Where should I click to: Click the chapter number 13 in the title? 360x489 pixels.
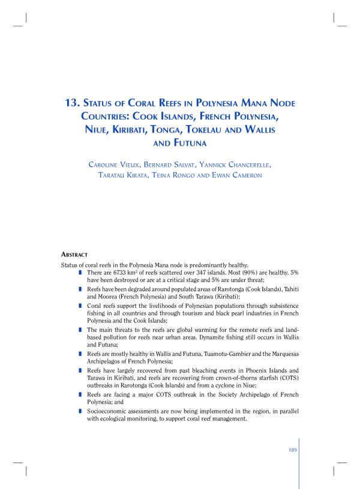72,103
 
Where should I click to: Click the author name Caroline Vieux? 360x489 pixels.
116,164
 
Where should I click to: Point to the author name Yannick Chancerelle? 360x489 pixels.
246,164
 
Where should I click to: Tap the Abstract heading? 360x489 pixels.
74,254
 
